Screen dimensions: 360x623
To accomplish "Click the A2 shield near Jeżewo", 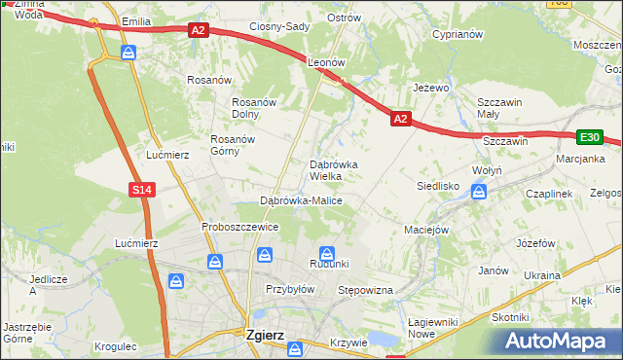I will (401, 119).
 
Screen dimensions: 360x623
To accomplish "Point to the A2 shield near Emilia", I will (198, 31).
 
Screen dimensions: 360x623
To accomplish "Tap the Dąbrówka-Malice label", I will (301, 200).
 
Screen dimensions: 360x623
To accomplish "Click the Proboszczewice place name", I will (240, 227).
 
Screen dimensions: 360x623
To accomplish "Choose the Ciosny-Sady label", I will (279, 27).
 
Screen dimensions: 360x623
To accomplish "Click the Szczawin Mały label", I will (500, 107).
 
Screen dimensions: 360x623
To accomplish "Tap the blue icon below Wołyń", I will (478, 192).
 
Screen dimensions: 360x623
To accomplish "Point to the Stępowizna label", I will (364, 290).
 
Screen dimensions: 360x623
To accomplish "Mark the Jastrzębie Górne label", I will (26, 333).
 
